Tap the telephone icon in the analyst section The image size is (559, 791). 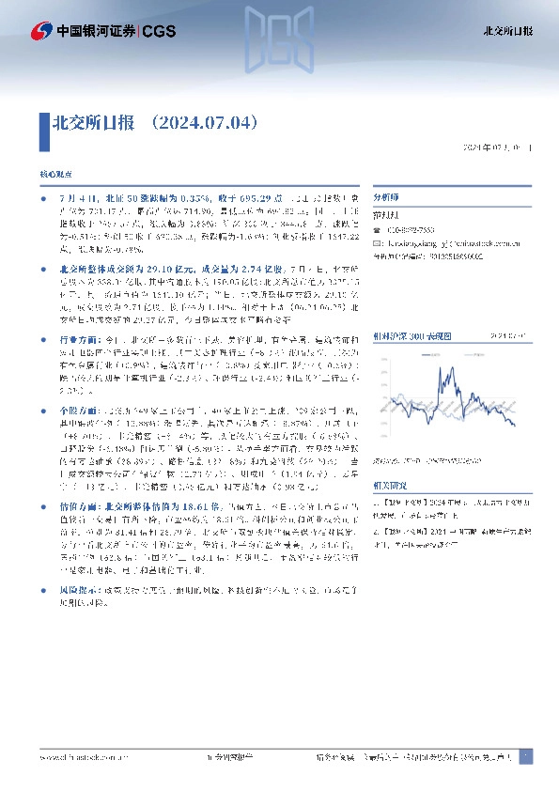tap(377, 230)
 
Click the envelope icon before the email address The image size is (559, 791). tap(377, 243)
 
